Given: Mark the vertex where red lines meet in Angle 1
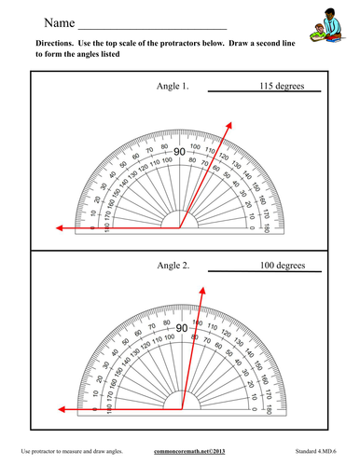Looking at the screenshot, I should pos(180,226).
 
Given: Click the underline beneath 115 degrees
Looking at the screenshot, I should pos(263,91).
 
